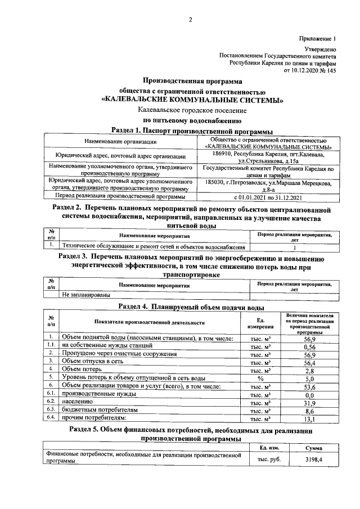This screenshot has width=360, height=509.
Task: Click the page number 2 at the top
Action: [x=190, y=21]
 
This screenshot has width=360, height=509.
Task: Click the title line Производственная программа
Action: [x=191, y=81]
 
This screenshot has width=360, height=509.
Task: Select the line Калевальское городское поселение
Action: [x=191, y=110]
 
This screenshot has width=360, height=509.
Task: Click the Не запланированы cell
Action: [x=86, y=294]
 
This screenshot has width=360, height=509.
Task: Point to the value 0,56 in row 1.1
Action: [x=308, y=347]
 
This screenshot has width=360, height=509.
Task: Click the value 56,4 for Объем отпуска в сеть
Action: [x=308, y=363]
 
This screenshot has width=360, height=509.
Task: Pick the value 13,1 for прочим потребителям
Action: [x=308, y=418]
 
